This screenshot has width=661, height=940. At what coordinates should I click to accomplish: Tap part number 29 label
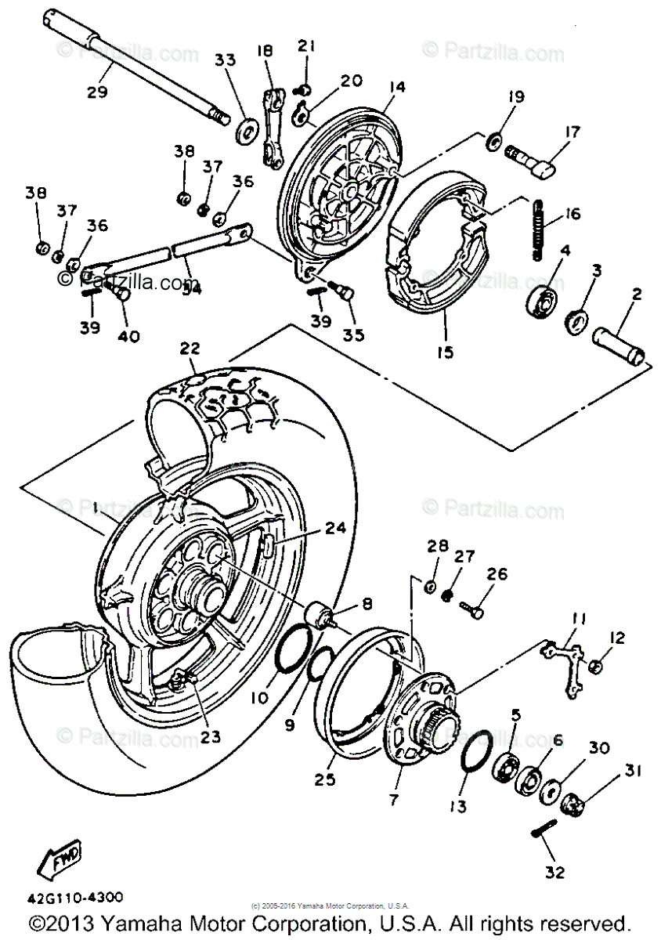click(97, 91)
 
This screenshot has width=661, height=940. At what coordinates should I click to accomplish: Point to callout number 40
click(128, 336)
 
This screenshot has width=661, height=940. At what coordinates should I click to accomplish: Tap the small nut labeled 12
click(596, 667)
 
